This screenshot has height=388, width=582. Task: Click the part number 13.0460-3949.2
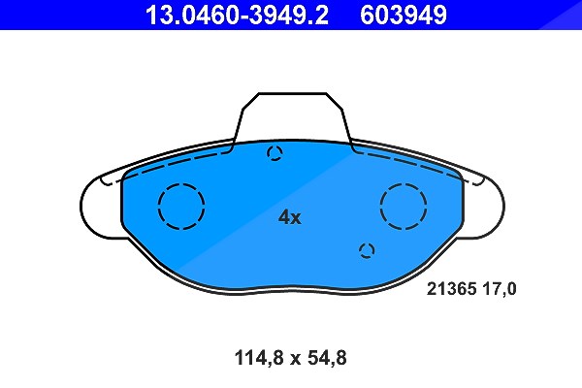(x=237, y=15)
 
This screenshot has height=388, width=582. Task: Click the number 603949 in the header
(x=404, y=15)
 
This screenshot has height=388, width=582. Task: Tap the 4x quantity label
(x=290, y=217)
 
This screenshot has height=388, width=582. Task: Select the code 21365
(x=451, y=289)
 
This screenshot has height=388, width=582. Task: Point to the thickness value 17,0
(x=500, y=289)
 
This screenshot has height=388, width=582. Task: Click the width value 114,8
(x=259, y=358)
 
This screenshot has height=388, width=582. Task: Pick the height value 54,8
(x=327, y=358)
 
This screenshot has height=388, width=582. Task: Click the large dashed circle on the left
(x=181, y=183)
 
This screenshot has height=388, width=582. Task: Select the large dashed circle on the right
(x=404, y=183)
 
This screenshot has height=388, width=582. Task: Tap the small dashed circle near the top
(x=275, y=147)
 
